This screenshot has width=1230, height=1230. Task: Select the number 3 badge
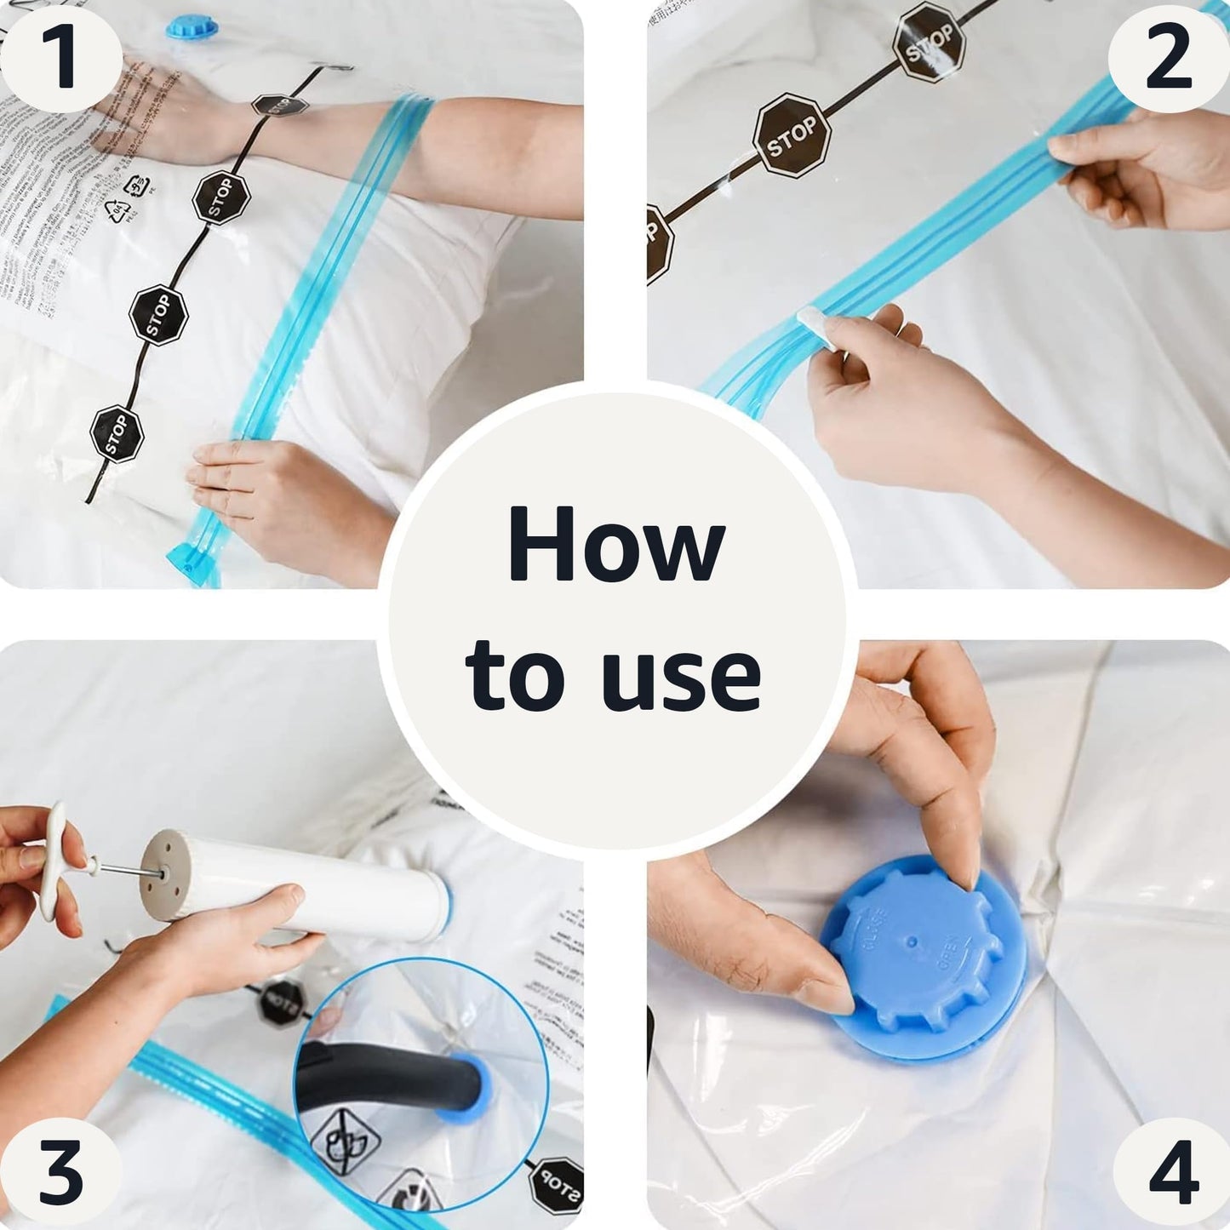coord(61,1173)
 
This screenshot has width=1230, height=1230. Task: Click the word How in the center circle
coord(615,545)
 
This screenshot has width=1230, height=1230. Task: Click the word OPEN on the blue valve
coord(948,953)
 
